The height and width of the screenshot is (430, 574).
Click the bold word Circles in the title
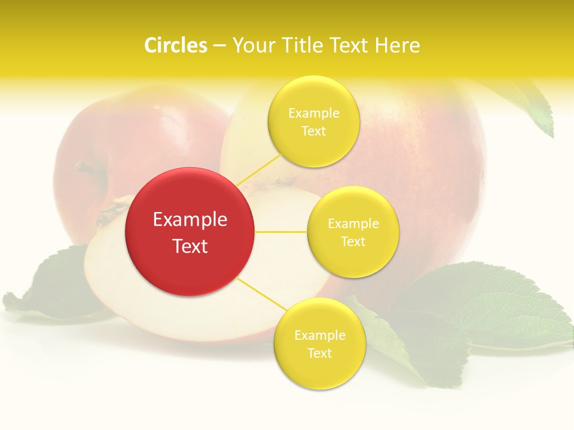coord(175,45)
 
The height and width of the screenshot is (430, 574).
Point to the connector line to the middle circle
coord(280,231)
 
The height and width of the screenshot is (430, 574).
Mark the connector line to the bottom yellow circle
coord(262,294)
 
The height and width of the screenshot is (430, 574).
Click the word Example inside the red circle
coord(190,220)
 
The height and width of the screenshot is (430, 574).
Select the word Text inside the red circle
coord(190,246)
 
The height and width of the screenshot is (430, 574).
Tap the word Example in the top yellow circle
coord(314,113)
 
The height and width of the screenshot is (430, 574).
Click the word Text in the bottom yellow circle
coord(319,353)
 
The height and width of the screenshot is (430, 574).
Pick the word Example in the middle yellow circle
coord(353,224)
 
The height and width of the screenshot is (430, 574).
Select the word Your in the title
coord(252,45)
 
